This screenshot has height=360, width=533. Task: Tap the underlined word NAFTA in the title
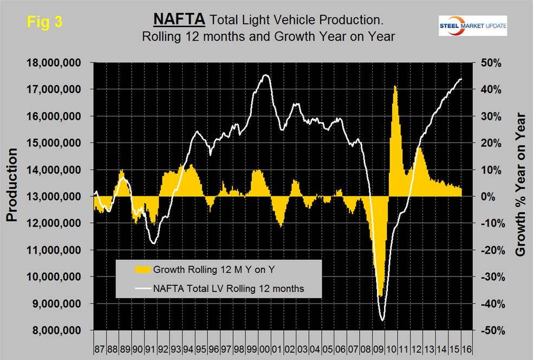coord(179,20)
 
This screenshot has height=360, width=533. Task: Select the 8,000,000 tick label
coord(59,330)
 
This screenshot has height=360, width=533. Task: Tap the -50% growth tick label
coord(490,330)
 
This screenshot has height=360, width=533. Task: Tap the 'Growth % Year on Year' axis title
coord(521,184)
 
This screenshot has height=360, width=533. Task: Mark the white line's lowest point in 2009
coord(382,320)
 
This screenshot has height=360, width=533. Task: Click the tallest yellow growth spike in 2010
coord(395,87)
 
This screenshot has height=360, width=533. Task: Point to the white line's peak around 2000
coord(265,75)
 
